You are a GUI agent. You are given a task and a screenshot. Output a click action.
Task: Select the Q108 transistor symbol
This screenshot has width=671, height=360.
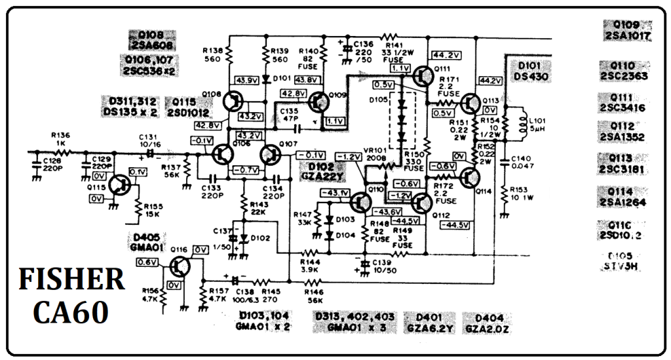point(232,102)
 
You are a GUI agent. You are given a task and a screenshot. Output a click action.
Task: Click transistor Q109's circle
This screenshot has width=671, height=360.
point(319,103)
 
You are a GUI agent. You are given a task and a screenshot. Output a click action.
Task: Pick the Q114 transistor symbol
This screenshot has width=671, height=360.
point(469,177)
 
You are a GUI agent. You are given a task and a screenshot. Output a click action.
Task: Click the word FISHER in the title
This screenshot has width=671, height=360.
point(71,280)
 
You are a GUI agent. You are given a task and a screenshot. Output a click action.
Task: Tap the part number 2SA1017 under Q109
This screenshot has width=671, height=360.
point(628,37)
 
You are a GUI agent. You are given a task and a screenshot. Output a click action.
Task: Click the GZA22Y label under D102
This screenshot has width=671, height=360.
point(322,176)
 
